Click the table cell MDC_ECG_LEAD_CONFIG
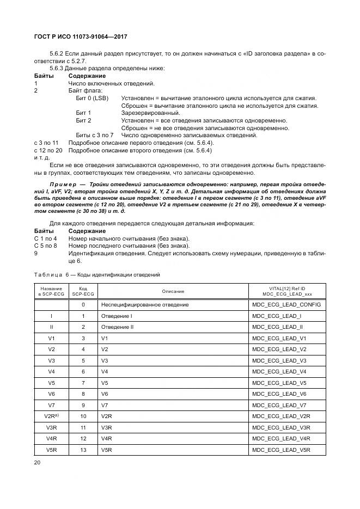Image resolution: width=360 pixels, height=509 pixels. click(x=286, y=305)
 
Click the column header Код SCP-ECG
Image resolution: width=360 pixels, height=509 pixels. click(x=83, y=291)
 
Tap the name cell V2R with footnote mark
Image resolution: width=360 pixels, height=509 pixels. click(x=51, y=416)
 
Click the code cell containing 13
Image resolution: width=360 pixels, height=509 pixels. click(x=83, y=450)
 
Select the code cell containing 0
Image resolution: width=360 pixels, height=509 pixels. click(x=83, y=305)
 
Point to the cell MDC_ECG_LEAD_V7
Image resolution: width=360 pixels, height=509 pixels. click(x=279, y=405)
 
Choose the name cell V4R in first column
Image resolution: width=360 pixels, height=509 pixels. click(x=51, y=438)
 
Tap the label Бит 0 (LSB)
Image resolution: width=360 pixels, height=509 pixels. click(x=92, y=98)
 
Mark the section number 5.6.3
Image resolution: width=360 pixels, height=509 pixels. click(x=57, y=68)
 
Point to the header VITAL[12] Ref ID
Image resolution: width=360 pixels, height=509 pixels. click(x=286, y=289)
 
